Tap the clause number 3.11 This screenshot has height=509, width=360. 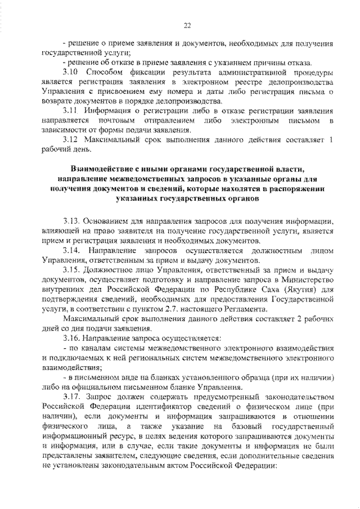coord(70,111)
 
